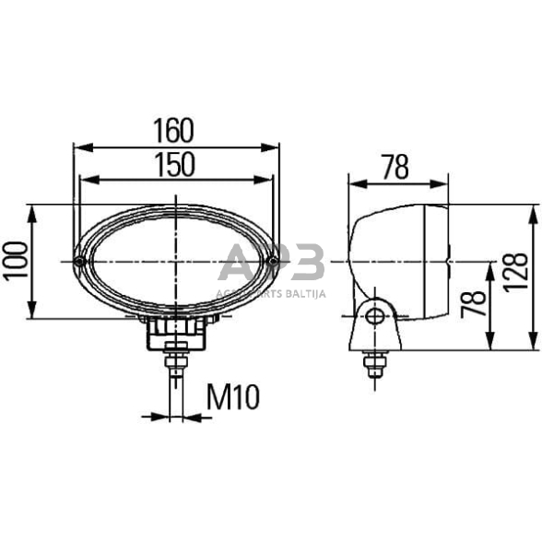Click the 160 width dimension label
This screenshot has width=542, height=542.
point(175,129)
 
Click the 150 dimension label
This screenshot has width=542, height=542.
point(175,164)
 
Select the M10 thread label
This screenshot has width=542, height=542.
point(233,397)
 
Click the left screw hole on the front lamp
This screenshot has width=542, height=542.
point(80,263)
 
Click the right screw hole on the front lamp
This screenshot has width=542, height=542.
point(273,263)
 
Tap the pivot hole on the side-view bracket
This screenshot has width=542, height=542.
point(374,317)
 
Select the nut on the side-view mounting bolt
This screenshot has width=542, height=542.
point(374,366)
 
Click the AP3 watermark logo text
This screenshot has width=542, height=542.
point(272,265)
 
